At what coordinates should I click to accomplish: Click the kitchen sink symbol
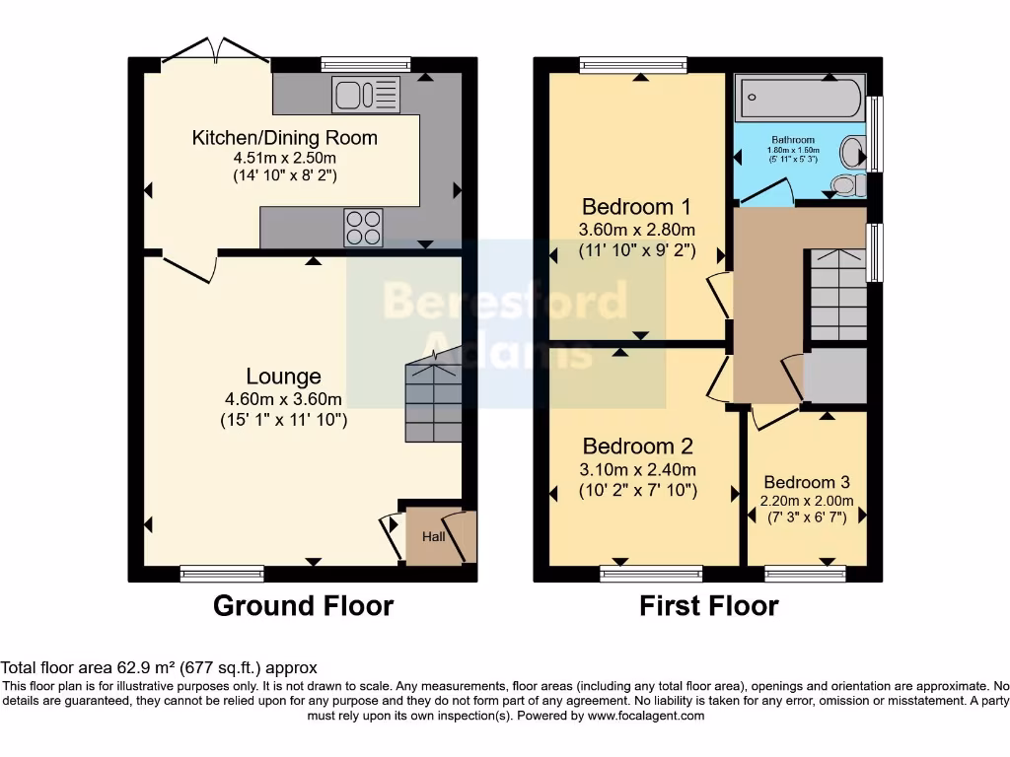coord(366,96)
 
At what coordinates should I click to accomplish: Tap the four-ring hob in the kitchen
coord(363,228)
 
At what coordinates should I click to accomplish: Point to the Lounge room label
coord(283,377)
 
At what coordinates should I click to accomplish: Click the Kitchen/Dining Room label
coord(284,137)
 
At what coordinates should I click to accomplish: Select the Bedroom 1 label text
coord(636,207)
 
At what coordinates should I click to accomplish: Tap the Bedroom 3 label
coord(806,482)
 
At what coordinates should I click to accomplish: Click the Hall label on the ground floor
coord(434,537)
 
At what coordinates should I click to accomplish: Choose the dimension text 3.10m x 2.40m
coord(637,469)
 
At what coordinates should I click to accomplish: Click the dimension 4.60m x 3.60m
coord(283,399)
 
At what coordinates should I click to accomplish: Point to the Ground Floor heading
coord(303,605)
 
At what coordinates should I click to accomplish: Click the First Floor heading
coord(708,605)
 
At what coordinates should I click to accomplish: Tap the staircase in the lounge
coord(432,399)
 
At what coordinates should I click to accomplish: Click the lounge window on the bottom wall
coord(222,573)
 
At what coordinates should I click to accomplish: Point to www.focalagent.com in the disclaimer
coord(645,716)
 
